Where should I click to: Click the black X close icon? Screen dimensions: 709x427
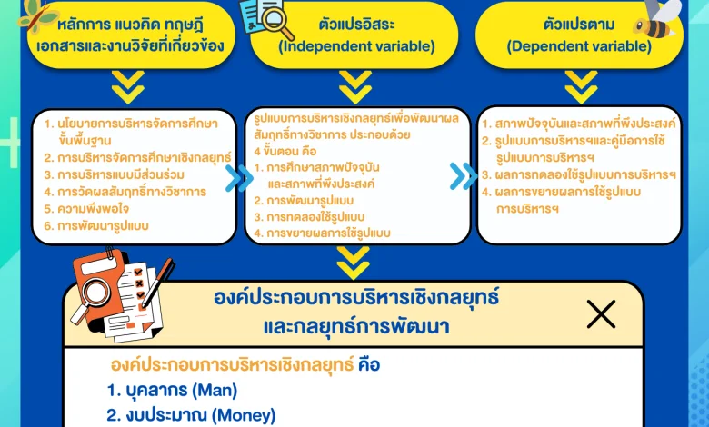[x=601, y=313]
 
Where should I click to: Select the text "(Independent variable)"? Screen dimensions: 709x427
[x=356, y=46]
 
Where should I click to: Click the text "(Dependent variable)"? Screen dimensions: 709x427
[x=579, y=46]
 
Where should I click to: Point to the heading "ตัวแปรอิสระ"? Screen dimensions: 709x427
[x=356, y=24]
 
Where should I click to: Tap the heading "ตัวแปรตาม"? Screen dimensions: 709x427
[x=579, y=24]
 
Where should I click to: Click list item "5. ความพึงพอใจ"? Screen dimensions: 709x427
[x=86, y=208]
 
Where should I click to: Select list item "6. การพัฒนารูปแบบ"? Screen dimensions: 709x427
[x=96, y=225]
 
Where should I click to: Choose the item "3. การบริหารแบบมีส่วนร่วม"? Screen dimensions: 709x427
[x=114, y=174]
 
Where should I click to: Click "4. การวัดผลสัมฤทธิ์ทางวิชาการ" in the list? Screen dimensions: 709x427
[x=125, y=192]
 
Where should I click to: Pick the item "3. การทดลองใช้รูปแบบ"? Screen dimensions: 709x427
[x=309, y=217]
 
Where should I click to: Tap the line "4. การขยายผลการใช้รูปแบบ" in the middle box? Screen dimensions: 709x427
[x=322, y=233]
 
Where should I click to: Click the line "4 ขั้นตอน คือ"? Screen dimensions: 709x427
[x=285, y=151]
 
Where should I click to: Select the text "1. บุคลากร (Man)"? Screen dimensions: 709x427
[x=172, y=391]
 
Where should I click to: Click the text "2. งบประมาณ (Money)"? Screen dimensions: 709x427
[x=191, y=415]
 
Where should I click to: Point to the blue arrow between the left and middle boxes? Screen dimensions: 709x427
[x=239, y=178]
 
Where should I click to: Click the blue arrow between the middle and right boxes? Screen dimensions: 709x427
[x=464, y=176]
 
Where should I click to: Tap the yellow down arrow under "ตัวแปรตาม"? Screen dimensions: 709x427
[x=581, y=86]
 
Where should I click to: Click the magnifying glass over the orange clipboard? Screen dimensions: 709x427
[x=92, y=296]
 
